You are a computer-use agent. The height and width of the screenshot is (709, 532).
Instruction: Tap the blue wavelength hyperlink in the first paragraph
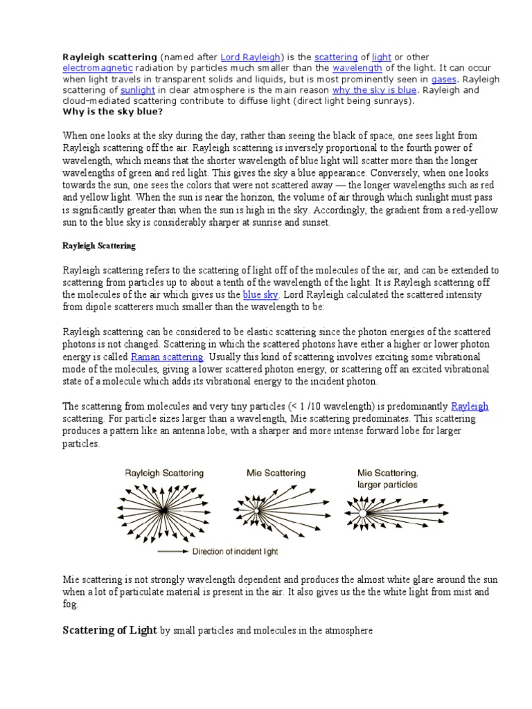357,68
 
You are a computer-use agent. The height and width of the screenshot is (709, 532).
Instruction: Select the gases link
443,79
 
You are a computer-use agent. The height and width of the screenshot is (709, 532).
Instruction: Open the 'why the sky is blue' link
374,90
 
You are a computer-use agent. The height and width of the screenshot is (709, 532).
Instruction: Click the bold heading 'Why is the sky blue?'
113,111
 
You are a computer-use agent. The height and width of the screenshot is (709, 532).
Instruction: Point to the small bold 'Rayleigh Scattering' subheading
99,246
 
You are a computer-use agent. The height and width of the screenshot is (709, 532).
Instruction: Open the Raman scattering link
167,357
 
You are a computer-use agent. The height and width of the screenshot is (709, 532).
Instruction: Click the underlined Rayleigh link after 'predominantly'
470,406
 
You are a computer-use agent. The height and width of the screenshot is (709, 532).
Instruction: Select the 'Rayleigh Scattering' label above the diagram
163,473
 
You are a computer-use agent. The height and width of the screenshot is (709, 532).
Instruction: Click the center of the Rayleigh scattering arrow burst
164,512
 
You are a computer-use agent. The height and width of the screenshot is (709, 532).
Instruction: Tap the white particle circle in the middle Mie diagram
256,511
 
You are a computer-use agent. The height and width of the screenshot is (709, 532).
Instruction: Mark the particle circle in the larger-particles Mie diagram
361,514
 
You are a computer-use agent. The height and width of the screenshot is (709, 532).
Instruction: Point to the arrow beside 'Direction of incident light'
172,552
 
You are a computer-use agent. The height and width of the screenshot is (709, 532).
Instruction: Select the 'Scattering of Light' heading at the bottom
109,631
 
